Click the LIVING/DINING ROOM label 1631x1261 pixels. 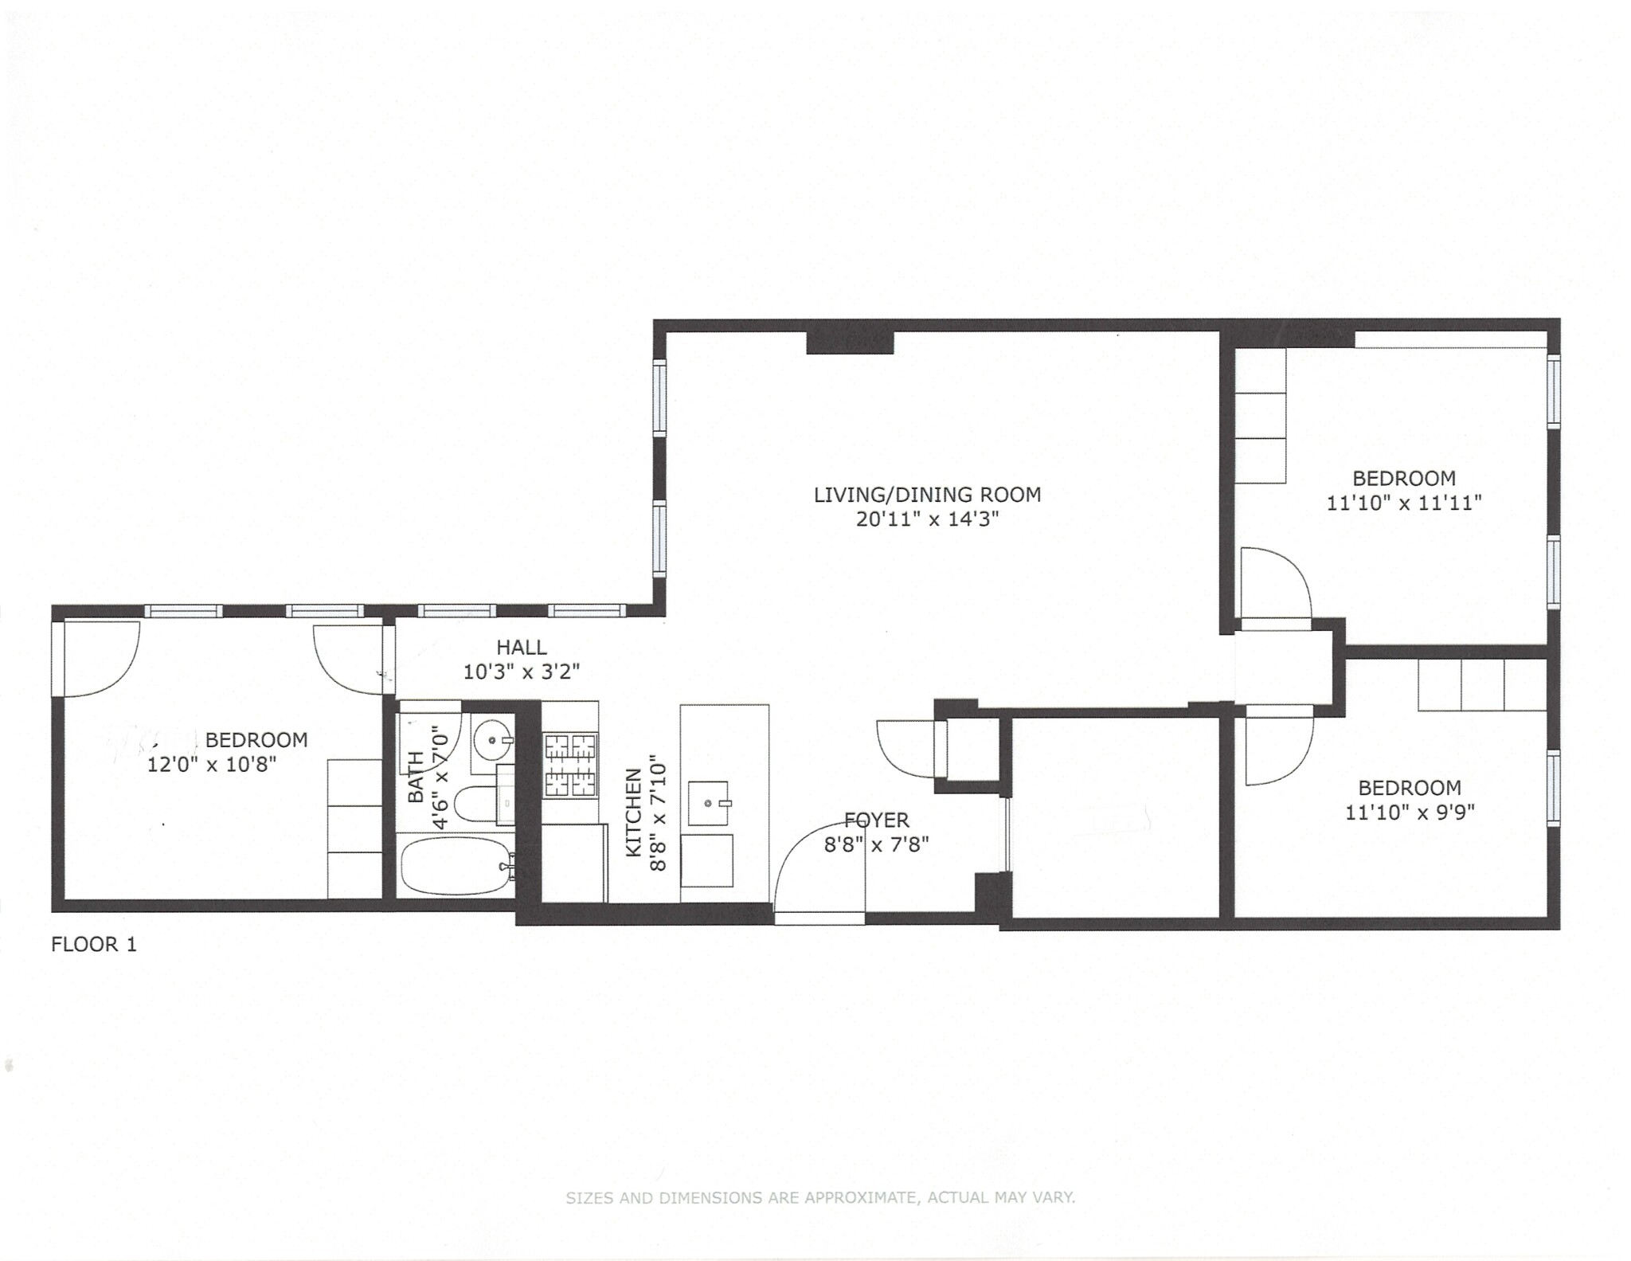click(927, 495)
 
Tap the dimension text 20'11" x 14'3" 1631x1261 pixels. click(927, 519)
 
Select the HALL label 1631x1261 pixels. click(522, 647)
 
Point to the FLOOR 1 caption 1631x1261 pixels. click(94, 945)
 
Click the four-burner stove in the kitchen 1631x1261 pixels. click(570, 766)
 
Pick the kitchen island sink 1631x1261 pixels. click(709, 804)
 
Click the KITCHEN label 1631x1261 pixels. click(634, 813)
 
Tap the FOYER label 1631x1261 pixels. click(876, 820)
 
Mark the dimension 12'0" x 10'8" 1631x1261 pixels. click(212, 765)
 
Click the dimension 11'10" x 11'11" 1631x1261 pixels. click(1403, 503)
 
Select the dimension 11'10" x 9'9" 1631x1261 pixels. click(1410, 813)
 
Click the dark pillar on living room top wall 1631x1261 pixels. click(850, 343)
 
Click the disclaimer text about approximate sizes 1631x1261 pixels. click(820, 1197)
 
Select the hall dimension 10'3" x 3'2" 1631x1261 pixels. click(522, 672)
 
